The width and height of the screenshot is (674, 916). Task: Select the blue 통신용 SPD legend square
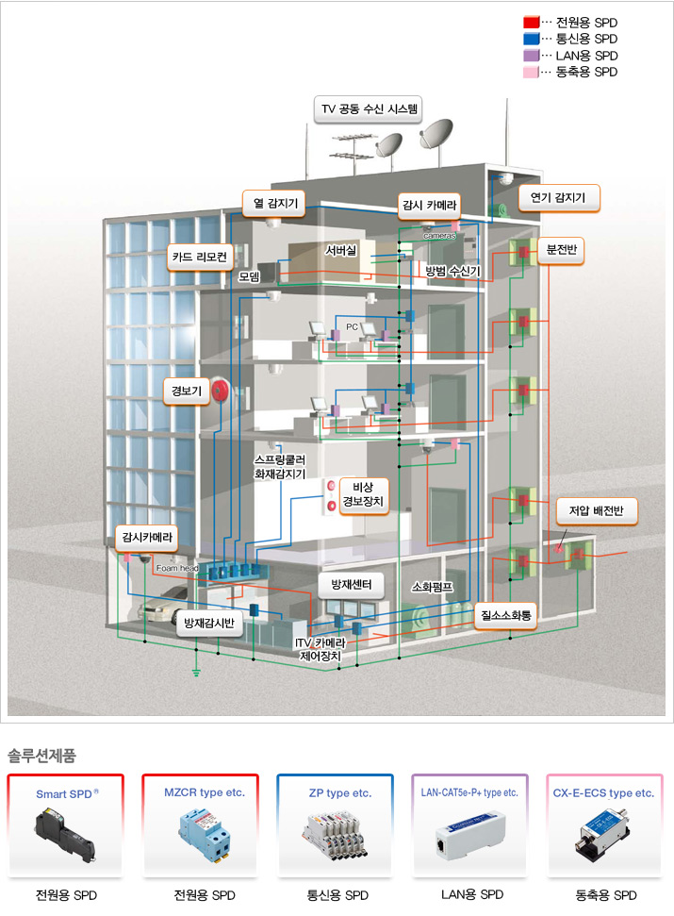[531, 39]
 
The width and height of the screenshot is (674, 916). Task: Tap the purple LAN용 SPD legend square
[531, 56]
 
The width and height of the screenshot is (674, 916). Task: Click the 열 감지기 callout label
[271, 202]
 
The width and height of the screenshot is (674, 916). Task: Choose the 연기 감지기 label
[558, 198]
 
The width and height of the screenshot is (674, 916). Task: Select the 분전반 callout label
[566, 250]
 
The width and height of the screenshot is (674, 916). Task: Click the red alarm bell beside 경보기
[221, 390]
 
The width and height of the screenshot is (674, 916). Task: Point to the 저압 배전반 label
[597, 511]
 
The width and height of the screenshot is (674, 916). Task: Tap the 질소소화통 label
[505, 615]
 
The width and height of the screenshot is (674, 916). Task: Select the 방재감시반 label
[214, 624]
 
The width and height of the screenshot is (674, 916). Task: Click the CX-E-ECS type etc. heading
[604, 793]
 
